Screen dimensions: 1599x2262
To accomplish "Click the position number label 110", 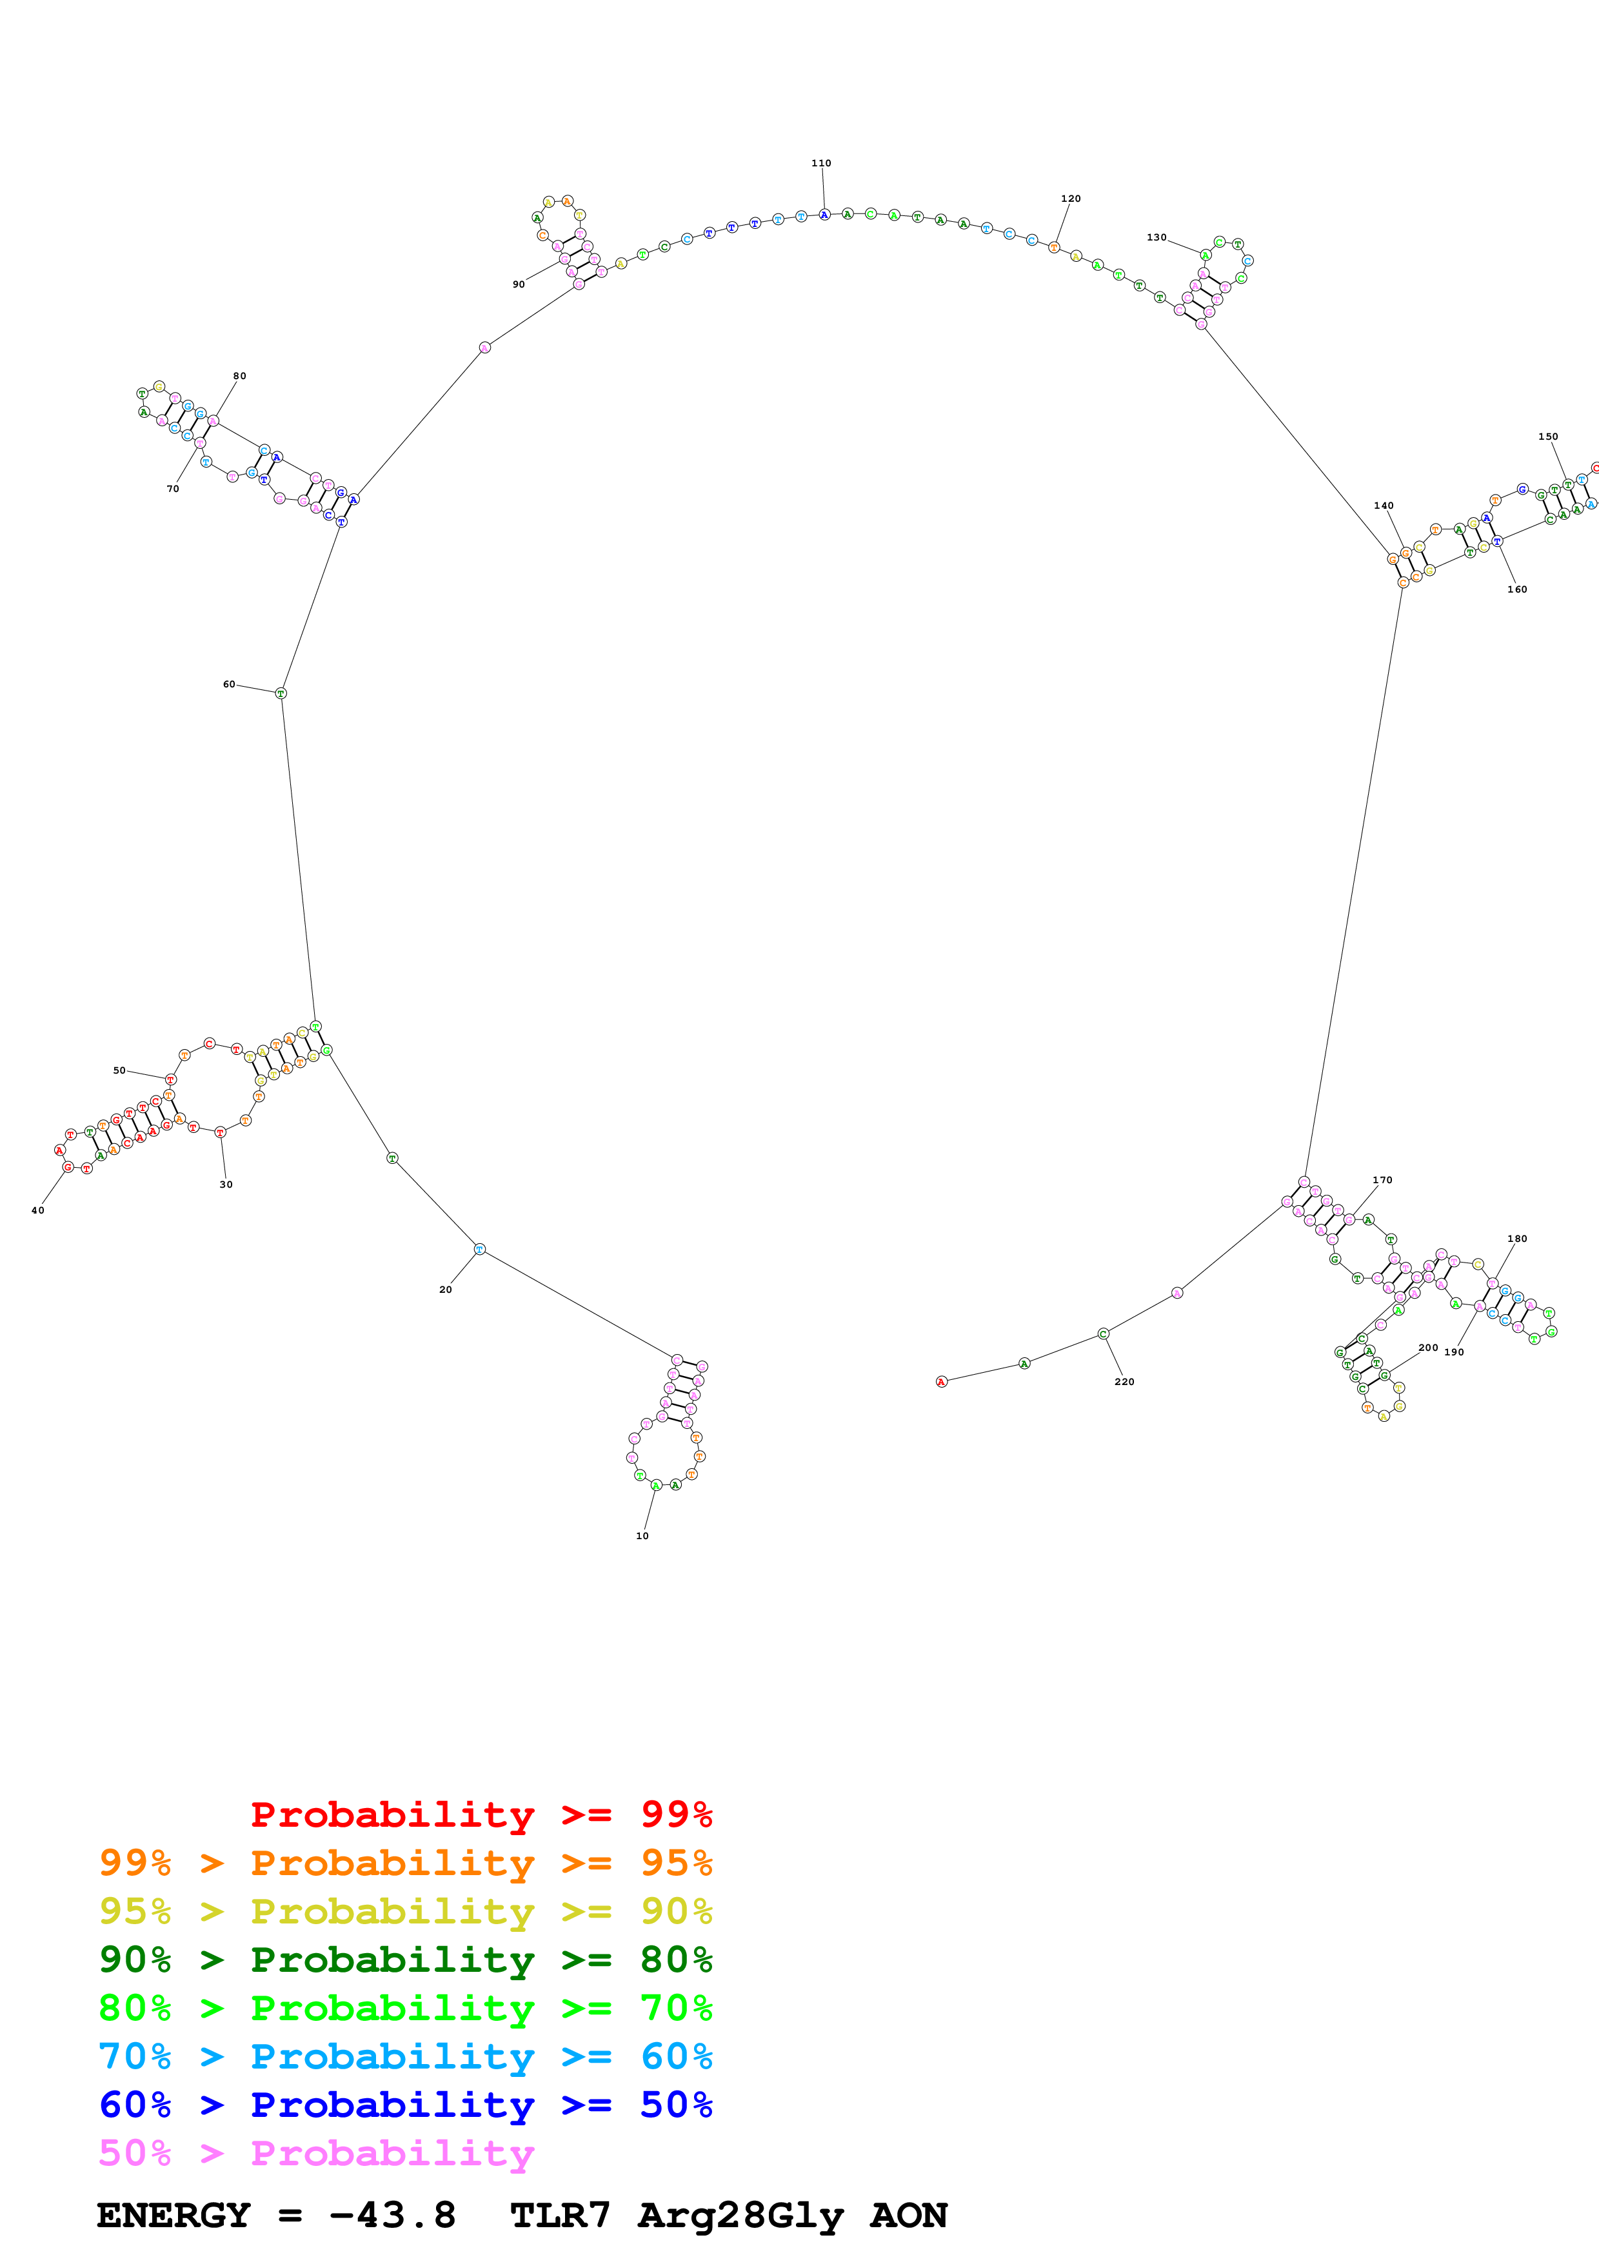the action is pos(820,164).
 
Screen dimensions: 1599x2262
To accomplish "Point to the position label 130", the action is pos(1156,237).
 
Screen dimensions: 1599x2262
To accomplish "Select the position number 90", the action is pos(518,285).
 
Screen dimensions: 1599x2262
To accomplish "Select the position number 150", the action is pos(1548,437).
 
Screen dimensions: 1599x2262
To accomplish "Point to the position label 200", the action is pos(1427,1348).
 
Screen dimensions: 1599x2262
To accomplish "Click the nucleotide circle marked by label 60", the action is pos(281,694).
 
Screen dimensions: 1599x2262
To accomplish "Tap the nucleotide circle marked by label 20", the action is pos(480,1249).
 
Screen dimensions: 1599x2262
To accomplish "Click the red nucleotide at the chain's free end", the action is pos(941,1381).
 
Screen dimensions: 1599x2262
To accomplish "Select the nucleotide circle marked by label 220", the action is pos(1104,1334).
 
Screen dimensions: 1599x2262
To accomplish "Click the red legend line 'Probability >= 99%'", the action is pos(481,1814).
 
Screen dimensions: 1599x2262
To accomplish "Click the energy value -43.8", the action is pos(392,2216).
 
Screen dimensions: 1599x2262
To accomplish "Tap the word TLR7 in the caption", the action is pos(560,2216).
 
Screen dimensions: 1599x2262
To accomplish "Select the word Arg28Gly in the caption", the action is pos(741,2216).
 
